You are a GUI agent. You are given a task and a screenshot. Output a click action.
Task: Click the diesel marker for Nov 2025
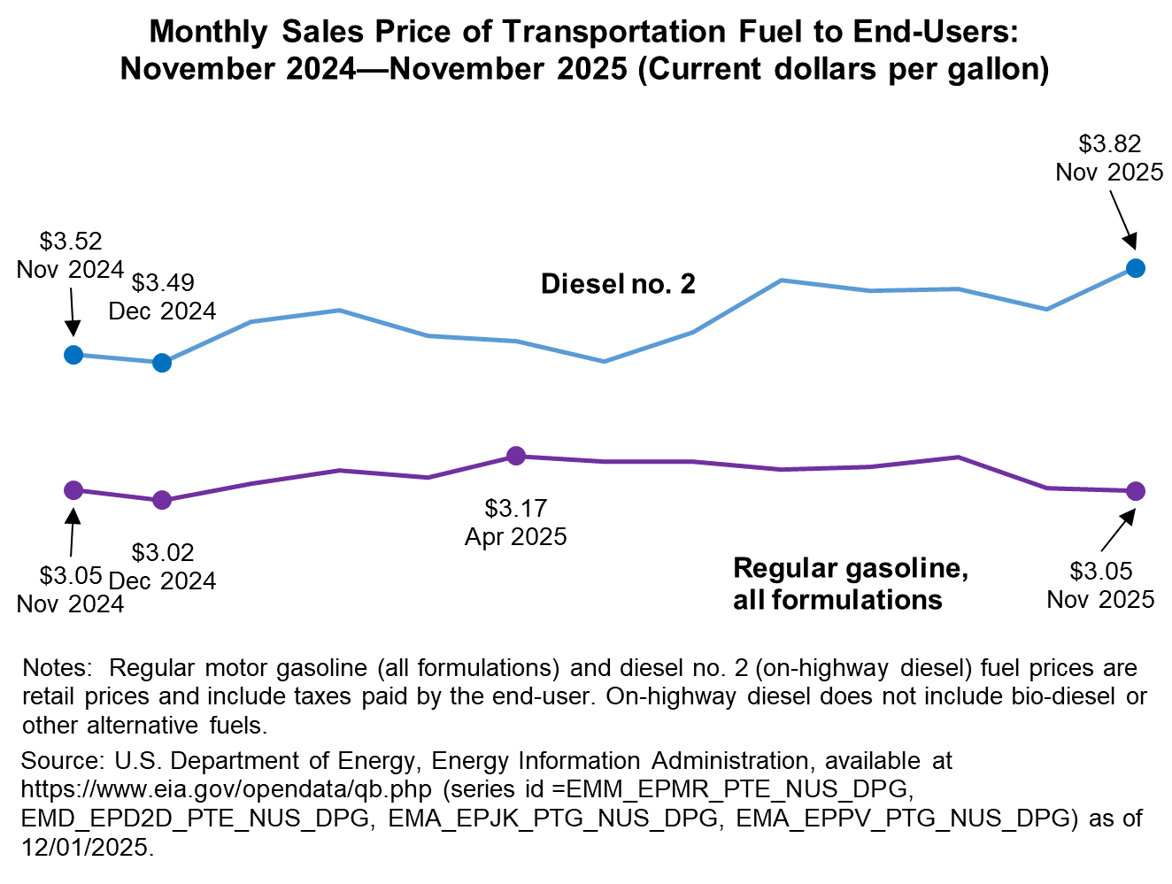1136,268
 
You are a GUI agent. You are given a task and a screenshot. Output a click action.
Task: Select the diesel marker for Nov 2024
74,355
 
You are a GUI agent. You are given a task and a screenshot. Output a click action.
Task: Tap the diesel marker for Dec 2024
162,363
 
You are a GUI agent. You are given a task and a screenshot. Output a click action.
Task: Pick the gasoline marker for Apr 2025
516,456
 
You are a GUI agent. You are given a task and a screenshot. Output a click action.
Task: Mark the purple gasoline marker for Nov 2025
1136,491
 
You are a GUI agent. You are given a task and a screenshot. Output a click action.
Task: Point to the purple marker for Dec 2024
162,500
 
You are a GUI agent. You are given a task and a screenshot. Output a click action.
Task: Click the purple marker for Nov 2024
74,489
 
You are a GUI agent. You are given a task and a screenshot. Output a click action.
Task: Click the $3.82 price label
1109,143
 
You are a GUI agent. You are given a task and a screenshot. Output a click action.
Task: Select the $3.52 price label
71,241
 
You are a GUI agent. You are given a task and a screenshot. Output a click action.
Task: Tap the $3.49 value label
163,282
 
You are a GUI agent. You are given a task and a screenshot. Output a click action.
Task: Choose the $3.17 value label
516,508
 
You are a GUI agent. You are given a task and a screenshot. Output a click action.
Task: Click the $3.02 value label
163,552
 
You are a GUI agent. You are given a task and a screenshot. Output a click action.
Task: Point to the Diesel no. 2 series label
618,284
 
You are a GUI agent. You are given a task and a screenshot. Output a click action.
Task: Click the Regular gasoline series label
850,583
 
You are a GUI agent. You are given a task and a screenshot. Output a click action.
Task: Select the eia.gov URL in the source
227,789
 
